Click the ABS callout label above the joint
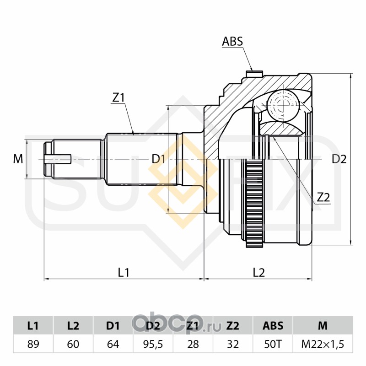pyautogui.click(x=232, y=42)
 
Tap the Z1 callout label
pyautogui.click(x=118, y=97)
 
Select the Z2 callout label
pyautogui.click(x=323, y=197)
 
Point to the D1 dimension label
pyautogui.click(x=158, y=159)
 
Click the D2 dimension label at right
pyautogui.click(x=339, y=159)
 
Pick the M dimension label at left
pyautogui.click(x=18, y=159)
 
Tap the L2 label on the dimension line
pyautogui.click(x=259, y=272)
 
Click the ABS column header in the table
pyautogui.click(x=273, y=326)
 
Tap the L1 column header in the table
pyautogui.click(x=33, y=326)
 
